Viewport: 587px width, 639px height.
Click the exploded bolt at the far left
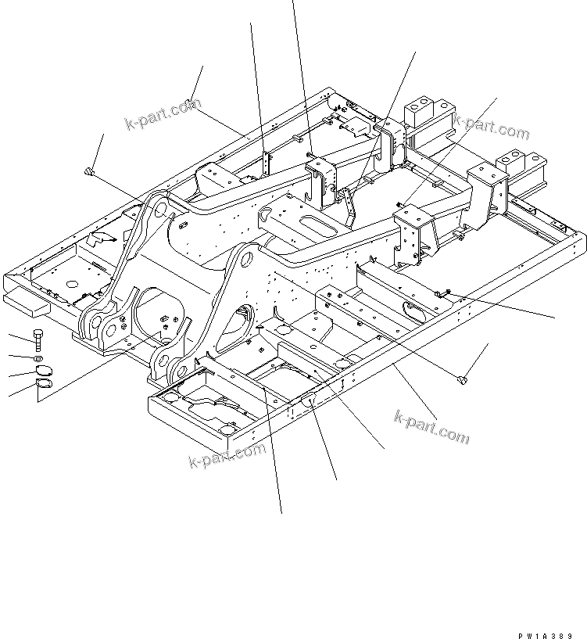pyautogui.click(x=39, y=339)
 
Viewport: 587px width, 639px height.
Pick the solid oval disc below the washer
pyautogui.click(x=41, y=371)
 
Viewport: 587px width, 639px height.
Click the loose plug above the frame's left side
pyautogui.click(x=91, y=172)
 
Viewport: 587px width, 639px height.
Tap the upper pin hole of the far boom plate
pyautogui.click(x=156, y=207)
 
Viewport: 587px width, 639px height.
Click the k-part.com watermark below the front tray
pyautogui.click(x=227, y=454)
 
